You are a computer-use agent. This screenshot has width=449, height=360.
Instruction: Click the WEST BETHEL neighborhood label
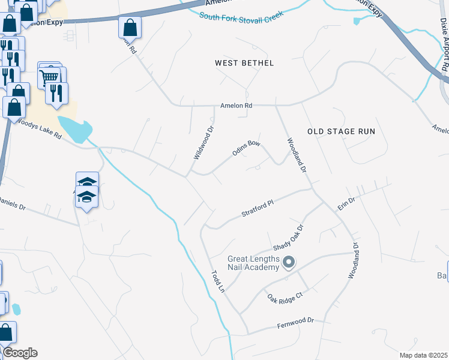[x=244, y=63]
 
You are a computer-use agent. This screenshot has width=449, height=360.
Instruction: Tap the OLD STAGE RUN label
[x=341, y=131]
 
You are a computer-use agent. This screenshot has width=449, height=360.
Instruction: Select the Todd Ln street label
[x=217, y=281]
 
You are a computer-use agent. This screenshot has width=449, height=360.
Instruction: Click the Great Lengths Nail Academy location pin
[x=289, y=262]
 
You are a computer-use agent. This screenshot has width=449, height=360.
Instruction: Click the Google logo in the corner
[x=20, y=352]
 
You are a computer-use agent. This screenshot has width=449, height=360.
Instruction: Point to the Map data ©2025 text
[x=424, y=355]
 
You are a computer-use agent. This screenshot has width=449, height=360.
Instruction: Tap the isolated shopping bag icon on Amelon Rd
[x=130, y=27]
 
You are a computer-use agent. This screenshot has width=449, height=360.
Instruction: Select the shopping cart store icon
[x=49, y=76]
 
